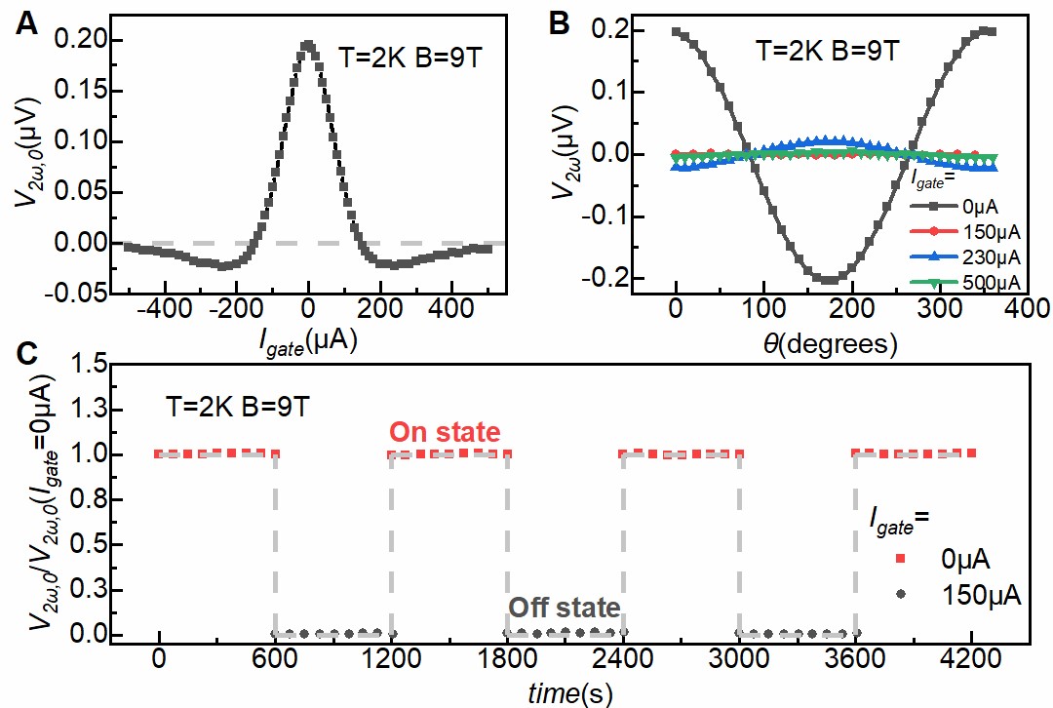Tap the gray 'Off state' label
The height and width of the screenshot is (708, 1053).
[x=564, y=608]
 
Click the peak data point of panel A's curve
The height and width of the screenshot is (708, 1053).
[x=308, y=44]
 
